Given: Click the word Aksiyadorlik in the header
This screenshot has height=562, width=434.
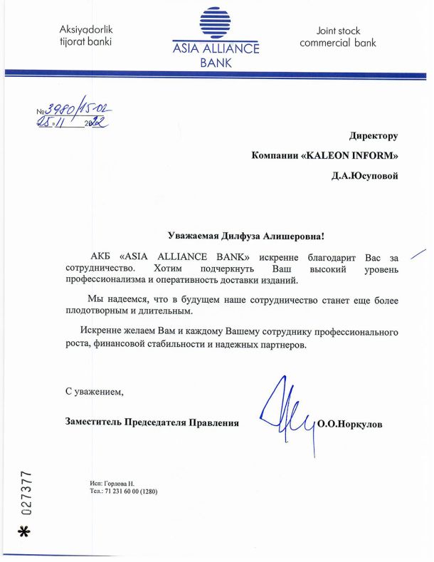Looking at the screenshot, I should [87, 30].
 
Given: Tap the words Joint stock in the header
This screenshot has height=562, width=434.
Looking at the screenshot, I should [338, 31].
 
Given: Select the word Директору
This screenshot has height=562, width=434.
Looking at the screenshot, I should [374, 135].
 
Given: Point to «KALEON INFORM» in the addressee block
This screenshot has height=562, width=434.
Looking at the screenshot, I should [351, 155].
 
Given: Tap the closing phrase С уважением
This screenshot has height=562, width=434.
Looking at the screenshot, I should [94, 391].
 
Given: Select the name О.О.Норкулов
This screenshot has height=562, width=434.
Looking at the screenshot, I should [349, 424].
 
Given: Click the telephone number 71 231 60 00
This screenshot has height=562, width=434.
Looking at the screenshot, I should [122, 491].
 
